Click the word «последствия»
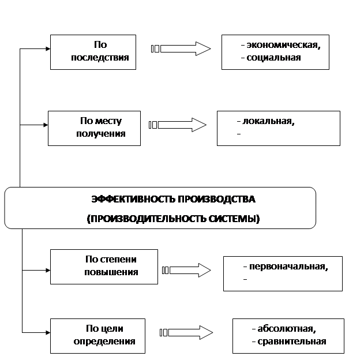tap(100, 57)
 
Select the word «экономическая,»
tap(283, 45)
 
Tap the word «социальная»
tap(273, 57)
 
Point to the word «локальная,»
tap(268, 121)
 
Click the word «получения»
tap(101, 134)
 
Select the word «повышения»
tap(111, 272)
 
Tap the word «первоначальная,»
tap(288, 267)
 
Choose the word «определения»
tap(104, 341)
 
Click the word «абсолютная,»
tap(287, 329)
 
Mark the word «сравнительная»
tap(292, 341)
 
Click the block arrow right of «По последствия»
tap(181, 48)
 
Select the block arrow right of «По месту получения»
tap(177, 125)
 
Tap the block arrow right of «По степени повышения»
tap(186, 270)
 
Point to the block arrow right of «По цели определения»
tap(186, 333)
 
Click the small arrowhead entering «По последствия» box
tap(48, 48)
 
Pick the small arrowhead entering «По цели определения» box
tap(48, 333)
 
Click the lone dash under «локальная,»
tap(239, 134)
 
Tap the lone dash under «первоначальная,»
tap(245, 279)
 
